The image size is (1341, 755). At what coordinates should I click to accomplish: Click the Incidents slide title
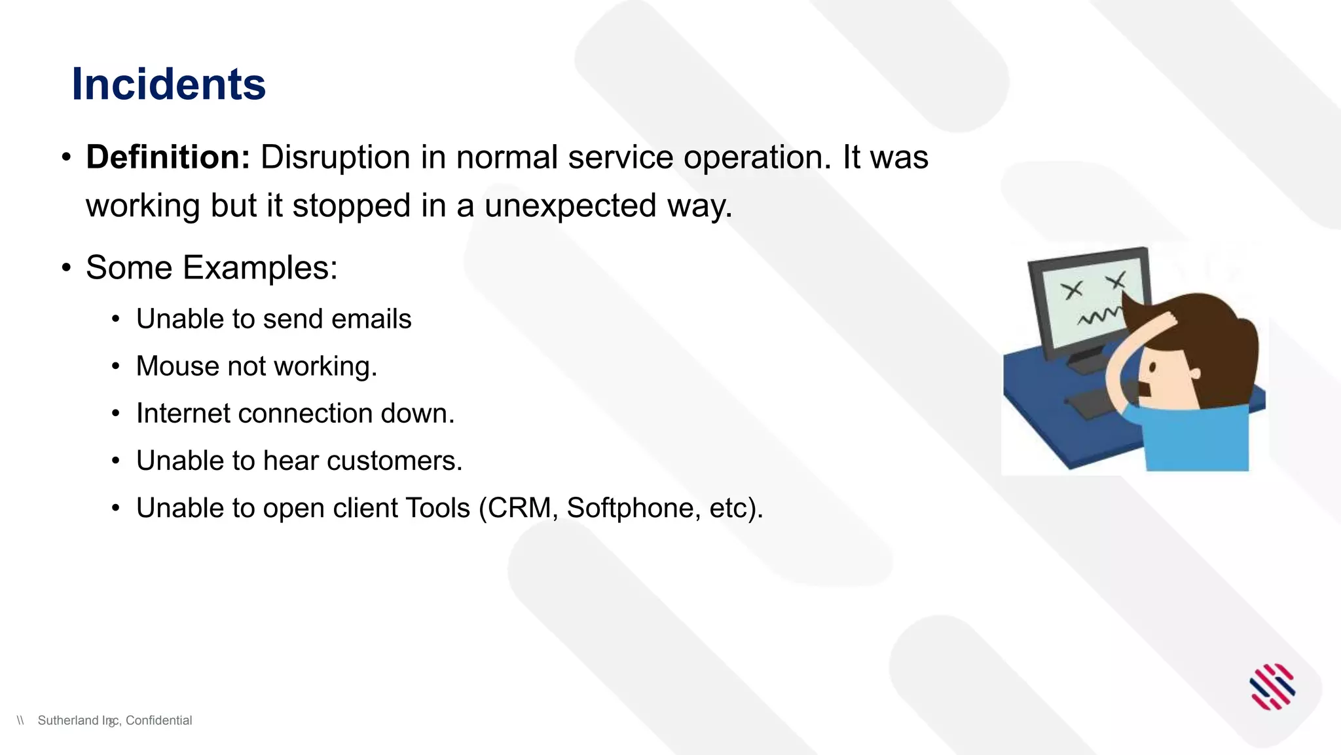pos(168,85)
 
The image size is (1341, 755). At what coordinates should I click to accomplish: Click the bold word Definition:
pos(168,157)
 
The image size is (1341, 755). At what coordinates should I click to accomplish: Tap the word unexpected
pos(570,206)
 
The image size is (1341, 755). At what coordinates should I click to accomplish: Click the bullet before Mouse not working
pos(116,366)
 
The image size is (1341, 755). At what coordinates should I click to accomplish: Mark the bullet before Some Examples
pos(66,267)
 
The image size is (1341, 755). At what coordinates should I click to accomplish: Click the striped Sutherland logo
pos(1272,687)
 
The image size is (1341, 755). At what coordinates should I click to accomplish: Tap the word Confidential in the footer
pos(158,720)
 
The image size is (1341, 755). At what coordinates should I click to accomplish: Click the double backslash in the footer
pos(20,720)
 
